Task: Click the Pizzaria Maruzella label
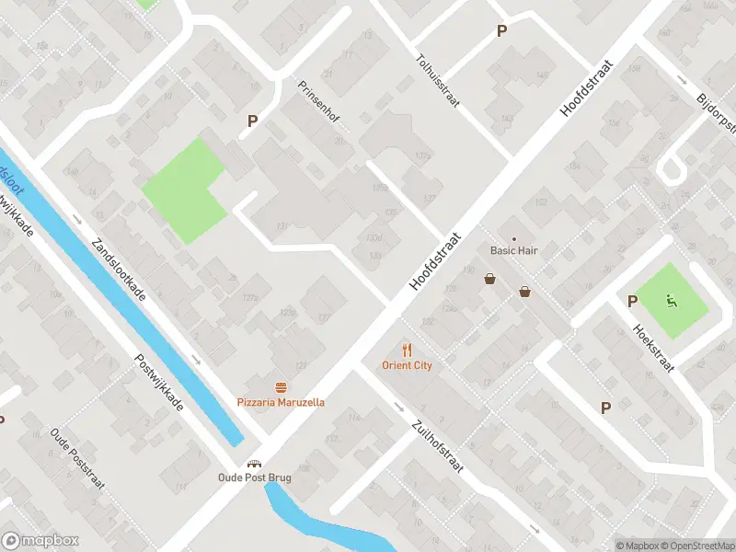click(281, 402)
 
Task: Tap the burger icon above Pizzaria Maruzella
click(281, 387)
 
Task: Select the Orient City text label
click(408, 365)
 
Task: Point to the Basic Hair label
click(513, 250)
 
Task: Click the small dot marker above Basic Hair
click(514, 238)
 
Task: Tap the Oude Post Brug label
click(254, 477)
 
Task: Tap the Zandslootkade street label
click(117, 273)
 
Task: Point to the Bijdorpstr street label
click(717, 112)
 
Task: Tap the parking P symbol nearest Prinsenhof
click(252, 121)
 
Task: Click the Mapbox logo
click(40, 541)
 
